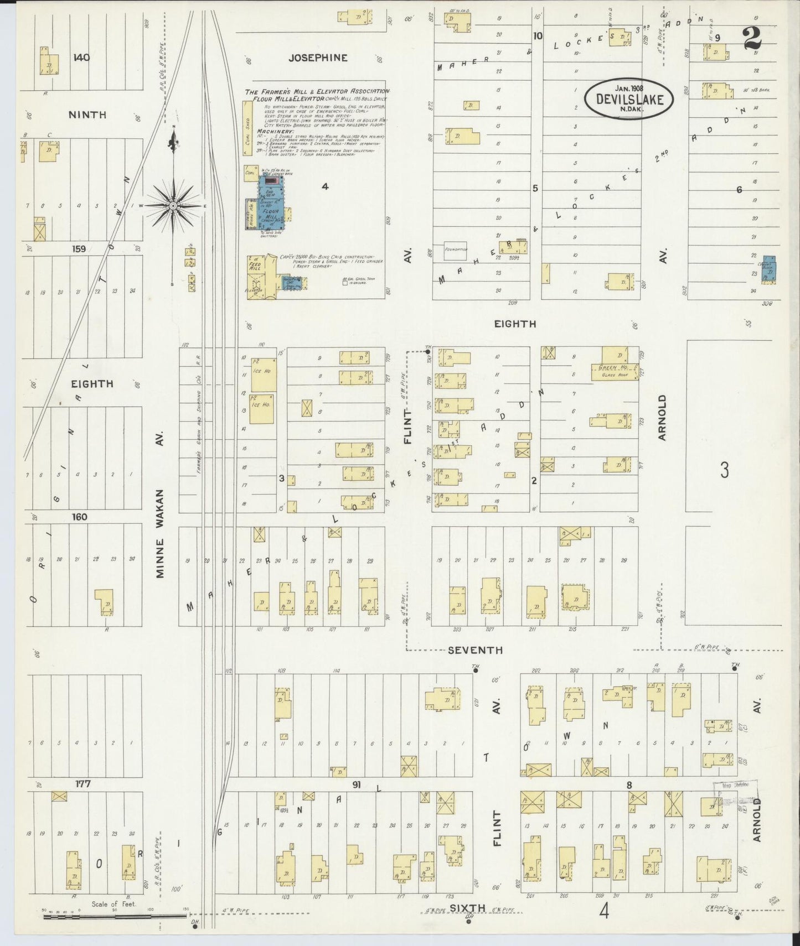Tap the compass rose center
click(173, 206)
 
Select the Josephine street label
click(318, 58)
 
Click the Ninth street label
click(87, 115)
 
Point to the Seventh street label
click(475, 650)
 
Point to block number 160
click(79, 517)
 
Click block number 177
click(82, 783)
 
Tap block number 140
click(81, 58)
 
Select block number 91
click(356, 784)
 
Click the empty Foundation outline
click(455, 251)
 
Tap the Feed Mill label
click(255, 264)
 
